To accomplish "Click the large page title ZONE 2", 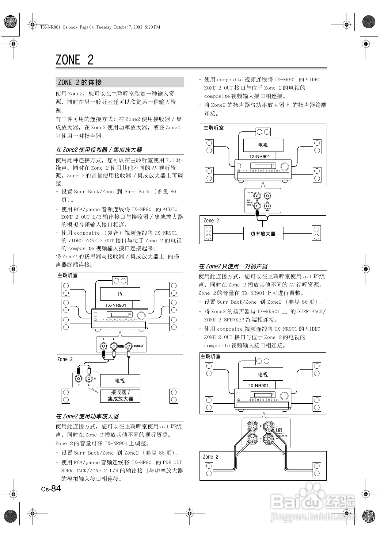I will point(74,60).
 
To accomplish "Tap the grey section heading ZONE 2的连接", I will point(80,83).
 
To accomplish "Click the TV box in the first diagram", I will point(120,294).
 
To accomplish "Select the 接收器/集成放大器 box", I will point(120,396).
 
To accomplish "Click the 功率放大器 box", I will point(263,234).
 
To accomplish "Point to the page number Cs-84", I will point(51,489).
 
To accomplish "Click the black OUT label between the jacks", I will point(121,346).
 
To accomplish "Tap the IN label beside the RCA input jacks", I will point(95,379).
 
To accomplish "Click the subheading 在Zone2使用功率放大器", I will point(87,416).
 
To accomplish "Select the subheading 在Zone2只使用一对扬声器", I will point(233,266).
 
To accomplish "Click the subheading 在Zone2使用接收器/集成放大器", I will point(99,150).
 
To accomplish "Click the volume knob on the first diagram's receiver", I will point(142,315).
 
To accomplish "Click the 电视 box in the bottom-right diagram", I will point(263,375).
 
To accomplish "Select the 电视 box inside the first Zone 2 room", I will point(120,381).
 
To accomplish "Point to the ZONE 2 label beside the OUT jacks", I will point(138,346).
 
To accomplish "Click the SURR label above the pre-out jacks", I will point(250,193).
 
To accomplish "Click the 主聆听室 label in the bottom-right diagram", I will point(211,356).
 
